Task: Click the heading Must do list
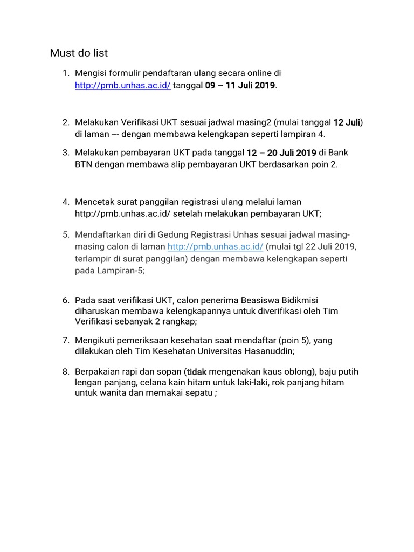point(79,53)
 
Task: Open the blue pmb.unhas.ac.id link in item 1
point(123,86)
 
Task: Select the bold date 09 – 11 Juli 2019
point(240,86)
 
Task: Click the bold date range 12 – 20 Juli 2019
point(281,153)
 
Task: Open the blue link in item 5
point(215,246)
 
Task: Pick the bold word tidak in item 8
point(196,371)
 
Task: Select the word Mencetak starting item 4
point(95,202)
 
